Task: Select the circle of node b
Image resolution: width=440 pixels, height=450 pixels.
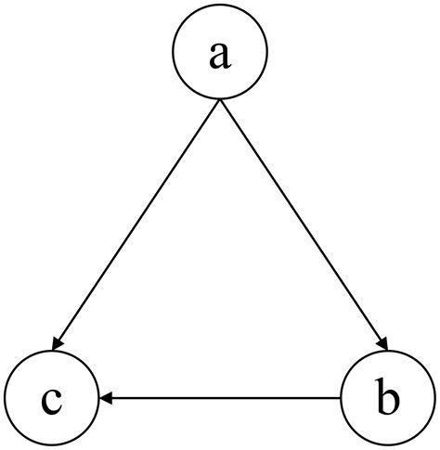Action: pos(388,399)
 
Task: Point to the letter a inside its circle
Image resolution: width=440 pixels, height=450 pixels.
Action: pos(219,55)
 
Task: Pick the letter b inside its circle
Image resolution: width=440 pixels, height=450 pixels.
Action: pos(388,399)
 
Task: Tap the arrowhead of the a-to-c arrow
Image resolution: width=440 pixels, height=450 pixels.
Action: pos(59,346)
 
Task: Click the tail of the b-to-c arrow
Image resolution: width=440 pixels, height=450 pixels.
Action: pos(341,398)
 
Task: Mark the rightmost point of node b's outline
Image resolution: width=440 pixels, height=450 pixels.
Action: pos(435,399)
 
